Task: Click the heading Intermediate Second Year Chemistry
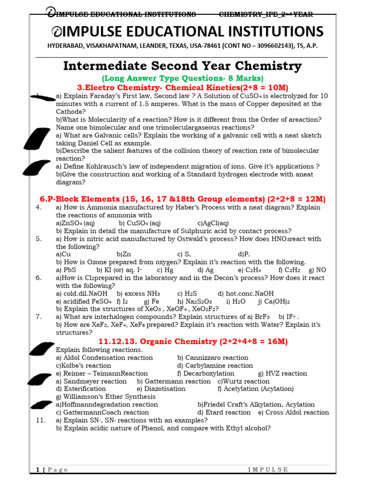coord(183,65)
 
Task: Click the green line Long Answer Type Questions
coord(183,78)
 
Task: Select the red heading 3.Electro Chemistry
coord(183,87)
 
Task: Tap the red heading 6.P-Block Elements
coord(183,199)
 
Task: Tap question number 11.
coord(41,420)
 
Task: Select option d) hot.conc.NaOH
coord(245,294)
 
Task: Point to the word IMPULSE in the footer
coord(268,469)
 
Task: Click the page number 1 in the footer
coord(38,469)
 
